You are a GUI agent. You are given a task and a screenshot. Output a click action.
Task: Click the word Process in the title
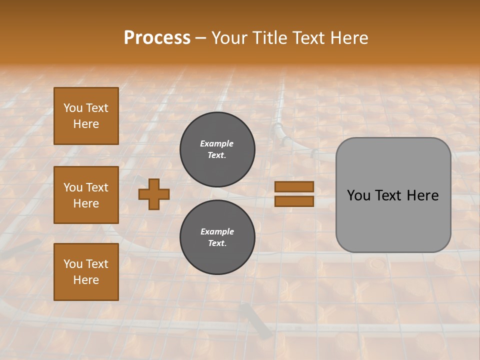pyautogui.click(x=157, y=38)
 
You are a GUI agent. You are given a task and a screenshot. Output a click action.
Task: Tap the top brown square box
pyautogui.click(x=86, y=116)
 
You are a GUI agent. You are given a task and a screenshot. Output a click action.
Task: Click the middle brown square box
pyautogui.click(x=86, y=195)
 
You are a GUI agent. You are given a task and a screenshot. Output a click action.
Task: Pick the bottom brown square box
pyautogui.click(x=86, y=271)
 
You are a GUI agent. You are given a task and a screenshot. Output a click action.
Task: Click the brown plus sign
pyautogui.click(x=154, y=194)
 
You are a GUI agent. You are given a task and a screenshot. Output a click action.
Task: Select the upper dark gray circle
pyautogui.click(x=217, y=149)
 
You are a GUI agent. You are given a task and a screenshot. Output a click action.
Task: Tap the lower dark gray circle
pyautogui.click(x=217, y=237)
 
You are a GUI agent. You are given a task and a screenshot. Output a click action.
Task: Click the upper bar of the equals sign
pyautogui.click(x=294, y=186)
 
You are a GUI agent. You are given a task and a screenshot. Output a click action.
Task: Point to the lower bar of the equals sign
pyautogui.click(x=294, y=201)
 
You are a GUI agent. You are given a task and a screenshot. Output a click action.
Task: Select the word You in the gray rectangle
pyautogui.click(x=358, y=195)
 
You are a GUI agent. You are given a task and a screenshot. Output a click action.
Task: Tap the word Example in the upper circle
pyautogui.click(x=217, y=143)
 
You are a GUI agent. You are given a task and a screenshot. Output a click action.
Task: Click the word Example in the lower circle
pyautogui.click(x=217, y=231)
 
